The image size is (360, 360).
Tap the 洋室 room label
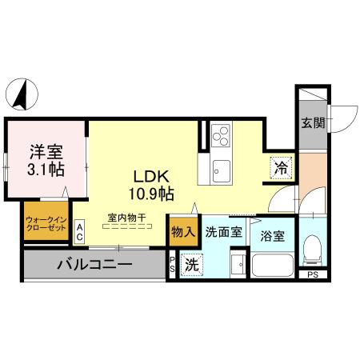46,150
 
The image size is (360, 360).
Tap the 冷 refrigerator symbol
281,168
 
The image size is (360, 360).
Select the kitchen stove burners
220,136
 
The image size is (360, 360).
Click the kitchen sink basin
221,170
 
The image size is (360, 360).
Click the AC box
80,232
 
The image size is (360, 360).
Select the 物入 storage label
182,232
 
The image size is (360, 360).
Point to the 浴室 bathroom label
273,237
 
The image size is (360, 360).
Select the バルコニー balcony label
94,265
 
